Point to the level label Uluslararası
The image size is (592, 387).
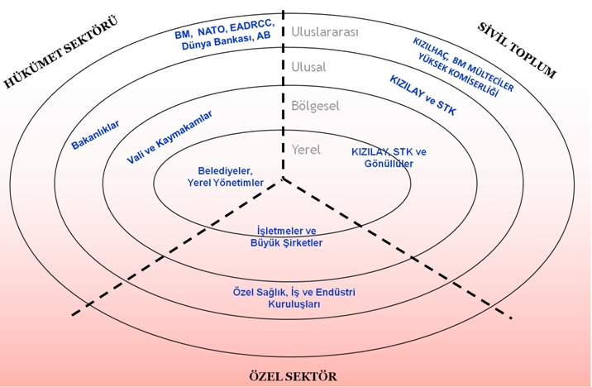click(x=324, y=32)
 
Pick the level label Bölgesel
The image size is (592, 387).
click(x=315, y=106)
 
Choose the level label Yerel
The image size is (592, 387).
click(x=305, y=150)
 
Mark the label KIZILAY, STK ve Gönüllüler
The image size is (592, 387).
click(x=389, y=158)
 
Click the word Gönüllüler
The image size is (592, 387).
click(x=389, y=164)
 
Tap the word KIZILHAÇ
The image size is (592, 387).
click(x=430, y=51)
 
